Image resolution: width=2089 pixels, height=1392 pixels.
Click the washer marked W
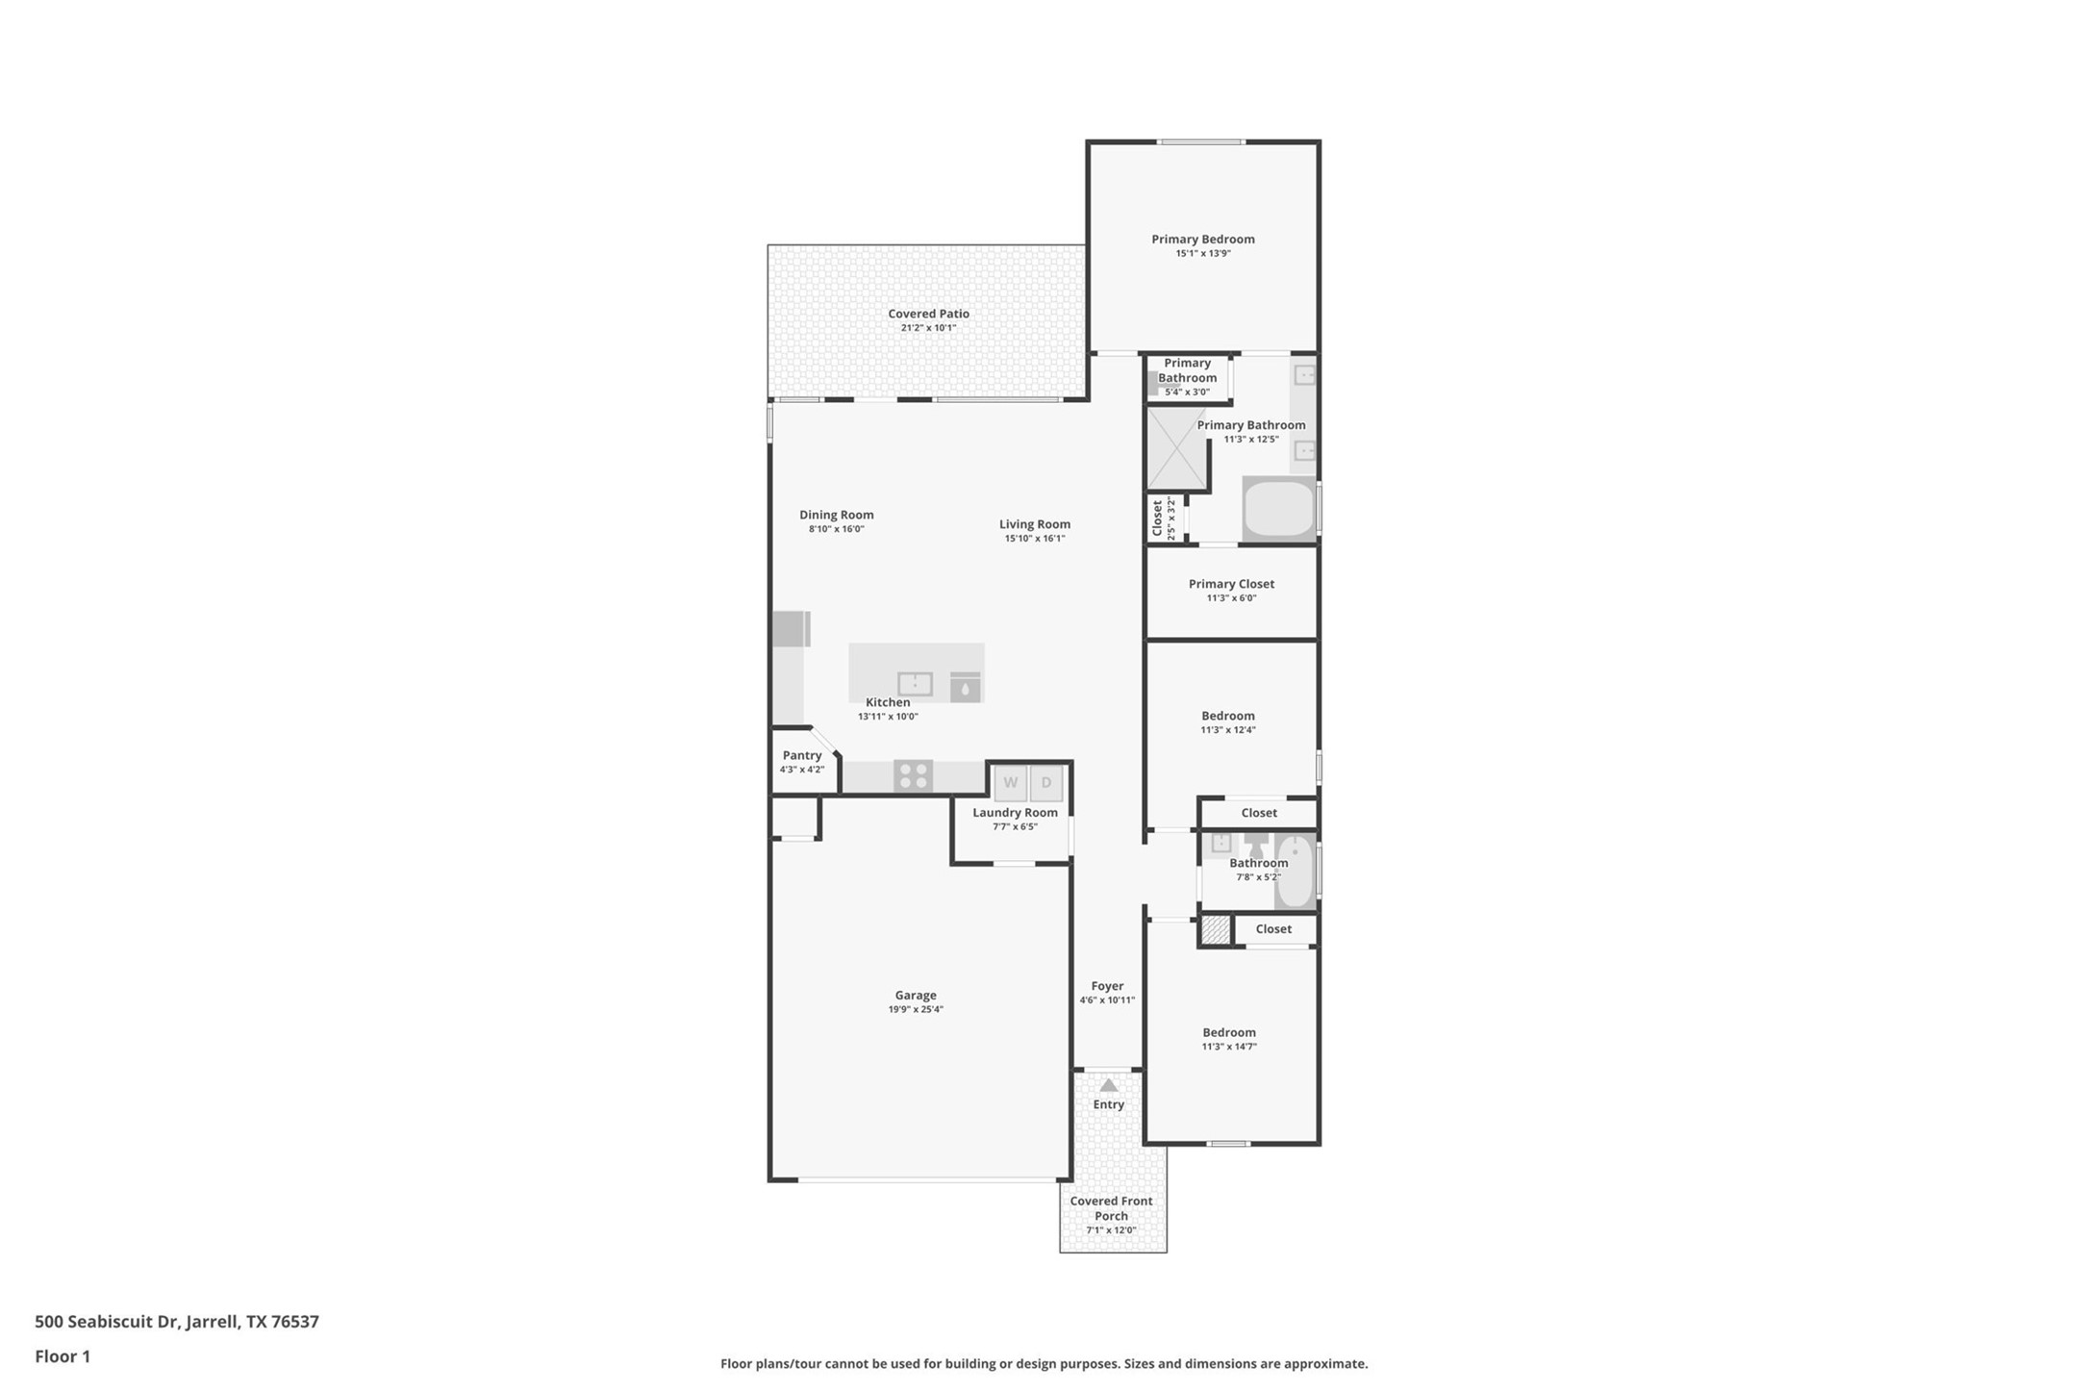(x=1010, y=783)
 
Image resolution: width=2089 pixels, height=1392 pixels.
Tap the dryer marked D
(x=1046, y=783)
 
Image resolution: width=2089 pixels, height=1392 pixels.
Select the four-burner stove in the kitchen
(x=913, y=775)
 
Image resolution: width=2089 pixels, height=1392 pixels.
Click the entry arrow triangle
(x=1109, y=1085)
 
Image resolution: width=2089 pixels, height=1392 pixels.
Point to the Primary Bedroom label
(x=1202, y=240)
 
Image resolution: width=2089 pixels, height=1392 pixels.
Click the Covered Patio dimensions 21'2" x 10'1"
(x=928, y=328)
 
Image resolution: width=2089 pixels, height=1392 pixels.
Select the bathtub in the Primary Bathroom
(x=1279, y=510)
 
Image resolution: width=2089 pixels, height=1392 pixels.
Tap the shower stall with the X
(x=1176, y=448)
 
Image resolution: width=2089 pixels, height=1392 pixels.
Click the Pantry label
(x=801, y=755)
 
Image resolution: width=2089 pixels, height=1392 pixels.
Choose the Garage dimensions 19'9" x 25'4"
(x=916, y=1010)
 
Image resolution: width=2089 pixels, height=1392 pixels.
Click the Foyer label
(x=1107, y=986)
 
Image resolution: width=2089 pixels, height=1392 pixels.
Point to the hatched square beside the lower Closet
(x=1216, y=929)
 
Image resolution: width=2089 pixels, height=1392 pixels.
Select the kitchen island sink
(x=915, y=684)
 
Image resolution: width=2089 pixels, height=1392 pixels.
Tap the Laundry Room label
(x=1015, y=813)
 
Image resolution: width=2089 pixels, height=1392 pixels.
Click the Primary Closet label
(x=1231, y=584)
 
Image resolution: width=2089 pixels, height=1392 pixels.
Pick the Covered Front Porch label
(x=1111, y=1208)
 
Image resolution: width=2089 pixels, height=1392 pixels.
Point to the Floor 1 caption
(x=63, y=1357)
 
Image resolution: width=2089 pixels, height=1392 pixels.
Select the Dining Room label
(x=836, y=515)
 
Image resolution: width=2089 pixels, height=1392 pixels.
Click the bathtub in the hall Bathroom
(x=1295, y=872)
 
